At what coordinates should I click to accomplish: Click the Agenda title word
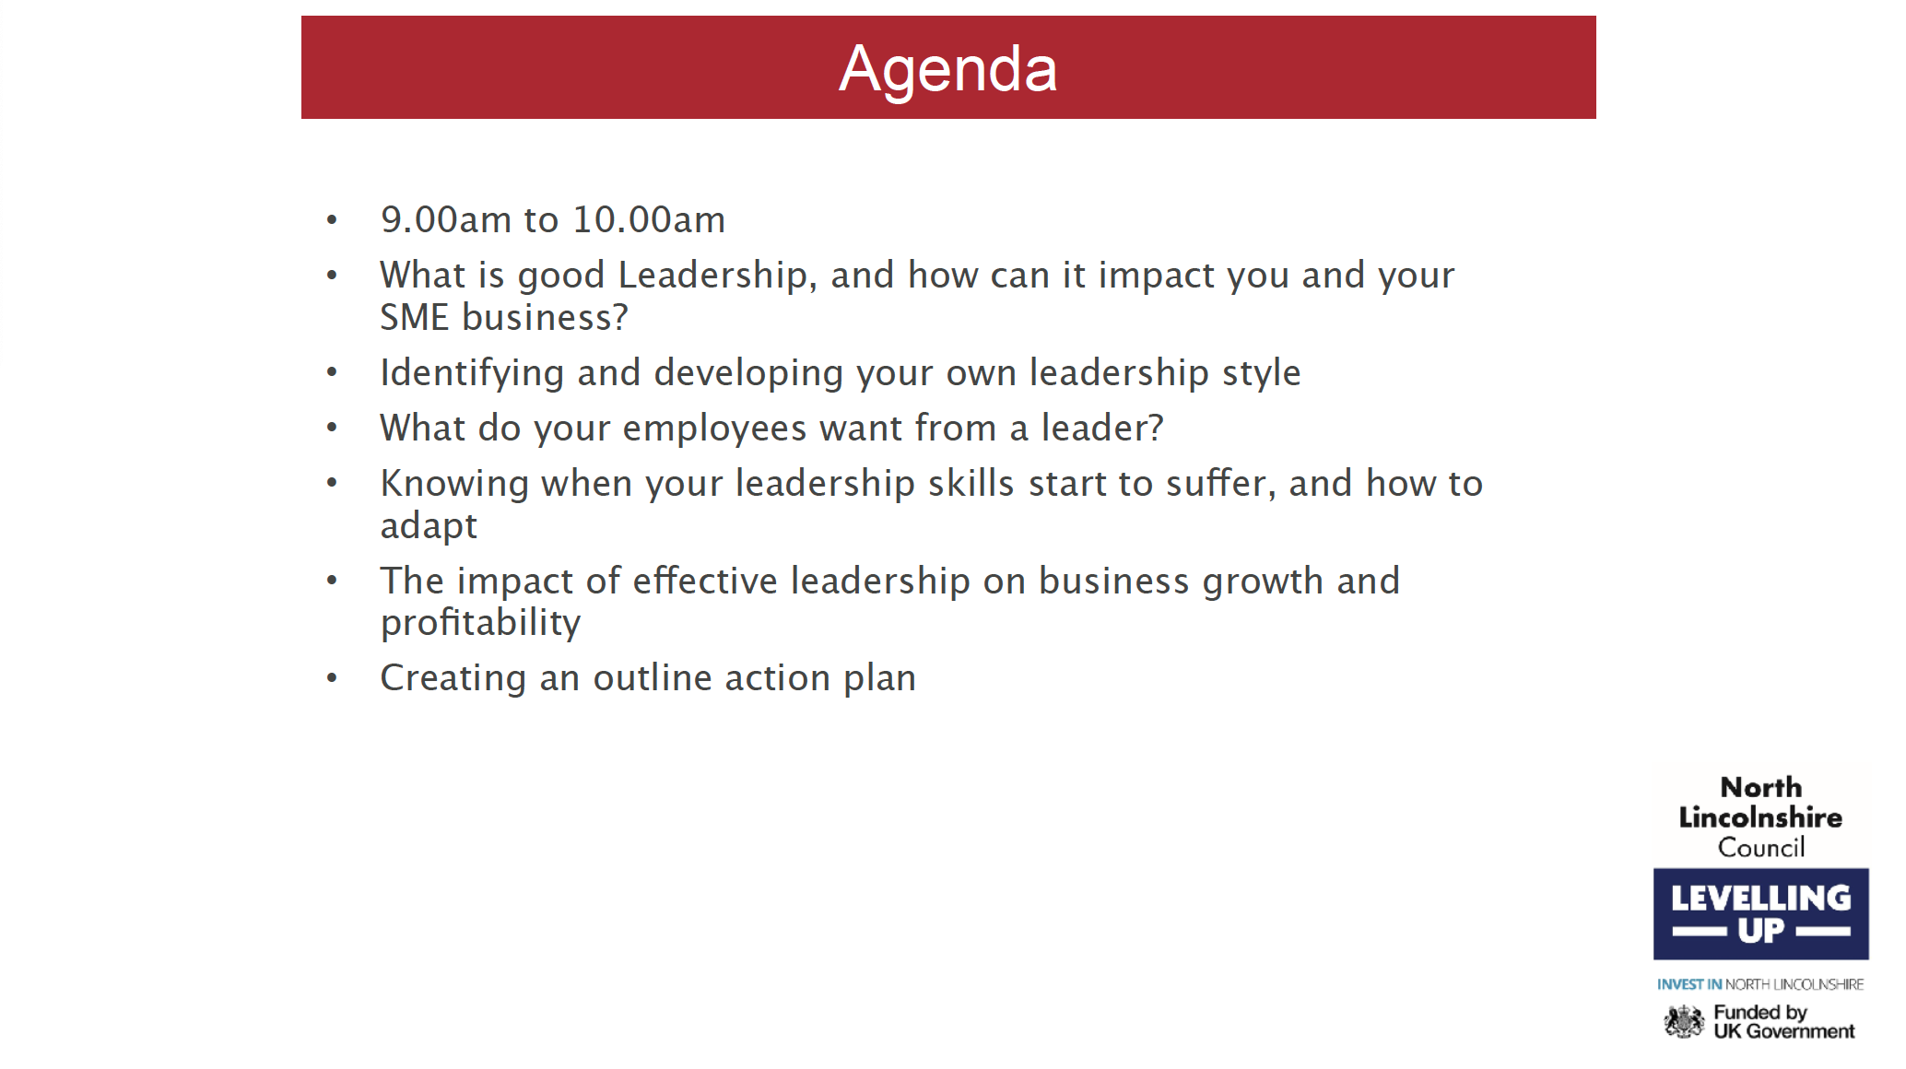(x=947, y=70)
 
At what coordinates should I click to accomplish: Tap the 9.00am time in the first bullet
(x=446, y=219)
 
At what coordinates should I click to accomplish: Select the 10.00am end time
(x=649, y=219)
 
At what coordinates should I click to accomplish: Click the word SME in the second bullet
(x=415, y=317)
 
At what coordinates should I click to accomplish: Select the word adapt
(x=429, y=526)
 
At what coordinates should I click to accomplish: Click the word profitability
(x=480, y=623)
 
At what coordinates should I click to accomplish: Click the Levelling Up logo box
(x=1760, y=913)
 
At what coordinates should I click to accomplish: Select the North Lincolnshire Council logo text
(x=1760, y=816)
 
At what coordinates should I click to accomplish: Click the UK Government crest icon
(x=1684, y=1021)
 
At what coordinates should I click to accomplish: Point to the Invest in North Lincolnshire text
(x=1760, y=984)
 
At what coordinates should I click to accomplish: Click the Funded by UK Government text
(x=1783, y=1021)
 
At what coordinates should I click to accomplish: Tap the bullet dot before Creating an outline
(x=332, y=679)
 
